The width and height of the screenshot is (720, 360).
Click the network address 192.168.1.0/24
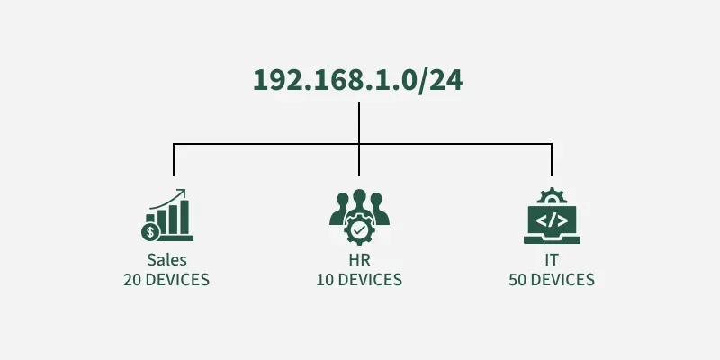point(357,80)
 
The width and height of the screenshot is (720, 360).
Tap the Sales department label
point(166,260)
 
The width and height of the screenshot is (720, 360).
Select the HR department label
point(359,260)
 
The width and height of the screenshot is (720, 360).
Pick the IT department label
point(552,260)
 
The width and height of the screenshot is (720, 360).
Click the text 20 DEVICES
point(166,280)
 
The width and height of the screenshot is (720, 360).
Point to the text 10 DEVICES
point(359,280)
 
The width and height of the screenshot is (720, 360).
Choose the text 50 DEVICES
point(552,280)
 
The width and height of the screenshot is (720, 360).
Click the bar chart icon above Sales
point(167,215)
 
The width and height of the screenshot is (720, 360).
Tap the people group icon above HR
point(359,217)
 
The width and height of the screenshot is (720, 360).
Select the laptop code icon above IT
point(552,215)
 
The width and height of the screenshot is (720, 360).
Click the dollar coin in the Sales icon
point(150,232)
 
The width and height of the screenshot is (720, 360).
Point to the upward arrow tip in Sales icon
point(184,190)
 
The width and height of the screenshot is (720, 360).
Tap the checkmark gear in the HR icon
point(359,229)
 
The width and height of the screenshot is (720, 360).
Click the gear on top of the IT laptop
point(552,195)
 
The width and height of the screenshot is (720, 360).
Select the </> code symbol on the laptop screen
point(552,220)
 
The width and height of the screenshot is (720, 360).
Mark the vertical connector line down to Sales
point(174,160)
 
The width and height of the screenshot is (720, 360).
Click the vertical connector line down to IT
point(552,160)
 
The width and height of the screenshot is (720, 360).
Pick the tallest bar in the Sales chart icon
point(184,217)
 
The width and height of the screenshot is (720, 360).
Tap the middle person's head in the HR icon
point(359,196)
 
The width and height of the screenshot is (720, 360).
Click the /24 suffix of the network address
point(440,81)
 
